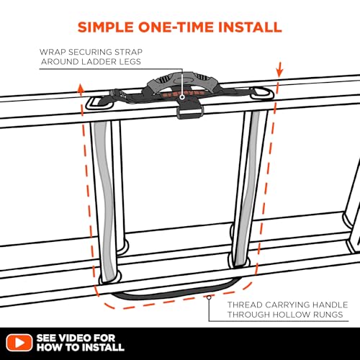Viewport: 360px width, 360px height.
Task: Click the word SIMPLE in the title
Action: (106, 27)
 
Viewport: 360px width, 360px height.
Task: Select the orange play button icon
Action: (19, 343)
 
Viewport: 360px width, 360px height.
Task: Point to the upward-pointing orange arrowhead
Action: (81, 88)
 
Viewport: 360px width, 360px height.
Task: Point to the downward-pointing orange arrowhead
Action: (279, 73)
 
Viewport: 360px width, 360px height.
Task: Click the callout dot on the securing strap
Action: (182, 97)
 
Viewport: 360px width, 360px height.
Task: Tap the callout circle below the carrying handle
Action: (209, 297)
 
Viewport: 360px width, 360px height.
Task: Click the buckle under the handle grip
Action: (190, 112)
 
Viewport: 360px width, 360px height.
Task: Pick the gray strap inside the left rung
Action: (107, 199)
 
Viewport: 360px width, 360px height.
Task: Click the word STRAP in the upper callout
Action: (128, 52)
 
